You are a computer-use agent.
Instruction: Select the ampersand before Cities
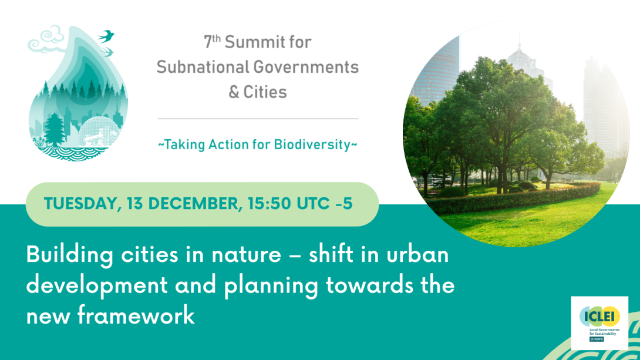[x=234, y=92]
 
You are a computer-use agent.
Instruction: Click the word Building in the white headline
[x=70, y=255]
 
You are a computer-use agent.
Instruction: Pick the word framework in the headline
[x=136, y=315]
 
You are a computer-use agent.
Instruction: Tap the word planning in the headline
[x=271, y=286]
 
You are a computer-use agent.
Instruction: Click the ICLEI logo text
[x=599, y=317]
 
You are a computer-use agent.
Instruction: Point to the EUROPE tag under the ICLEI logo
[x=597, y=339]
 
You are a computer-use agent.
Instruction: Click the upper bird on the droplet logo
[x=106, y=36]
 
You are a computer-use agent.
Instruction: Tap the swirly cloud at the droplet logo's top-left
[x=46, y=39]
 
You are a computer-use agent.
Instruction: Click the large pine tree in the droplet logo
[x=54, y=129]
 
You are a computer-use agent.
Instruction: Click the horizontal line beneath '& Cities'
[x=258, y=119]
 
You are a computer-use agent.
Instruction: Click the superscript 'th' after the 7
[x=216, y=38]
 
